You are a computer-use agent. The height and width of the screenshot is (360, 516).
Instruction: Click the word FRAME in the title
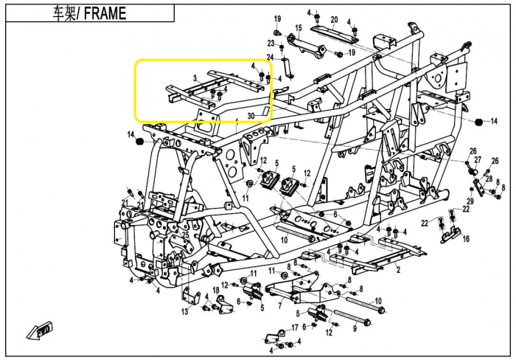point(105,13)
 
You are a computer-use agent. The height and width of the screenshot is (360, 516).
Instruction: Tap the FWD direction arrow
point(40,330)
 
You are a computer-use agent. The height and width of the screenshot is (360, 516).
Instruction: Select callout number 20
point(334,20)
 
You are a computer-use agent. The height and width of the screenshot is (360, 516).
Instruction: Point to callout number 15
point(298,28)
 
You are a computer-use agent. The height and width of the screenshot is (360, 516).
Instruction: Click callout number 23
point(271,44)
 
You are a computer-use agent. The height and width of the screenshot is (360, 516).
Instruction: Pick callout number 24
point(271,57)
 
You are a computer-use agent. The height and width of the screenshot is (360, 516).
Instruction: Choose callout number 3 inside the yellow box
point(195,78)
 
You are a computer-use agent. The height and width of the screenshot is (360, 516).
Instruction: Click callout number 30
point(251,116)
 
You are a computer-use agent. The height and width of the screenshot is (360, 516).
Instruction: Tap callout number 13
point(184,311)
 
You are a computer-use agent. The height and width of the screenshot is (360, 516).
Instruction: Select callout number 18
point(216,290)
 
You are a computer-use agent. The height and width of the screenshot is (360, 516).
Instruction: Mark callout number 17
point(295,328)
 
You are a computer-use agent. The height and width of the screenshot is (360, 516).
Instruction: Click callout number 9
point(355,328)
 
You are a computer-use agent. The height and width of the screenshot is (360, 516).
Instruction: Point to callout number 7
point(279,306)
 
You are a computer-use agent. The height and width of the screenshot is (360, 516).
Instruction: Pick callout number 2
point(398,270)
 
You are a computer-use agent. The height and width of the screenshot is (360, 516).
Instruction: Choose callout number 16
point(466,238)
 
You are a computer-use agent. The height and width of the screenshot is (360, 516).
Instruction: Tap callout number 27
point(478,160)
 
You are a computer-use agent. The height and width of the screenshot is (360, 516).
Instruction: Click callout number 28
point(489,179)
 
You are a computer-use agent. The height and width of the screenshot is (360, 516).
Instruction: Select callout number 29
point(470,201)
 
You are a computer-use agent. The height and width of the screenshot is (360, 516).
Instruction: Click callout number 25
point(185,235)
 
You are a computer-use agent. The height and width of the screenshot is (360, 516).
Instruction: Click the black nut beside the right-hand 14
point(479,122)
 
